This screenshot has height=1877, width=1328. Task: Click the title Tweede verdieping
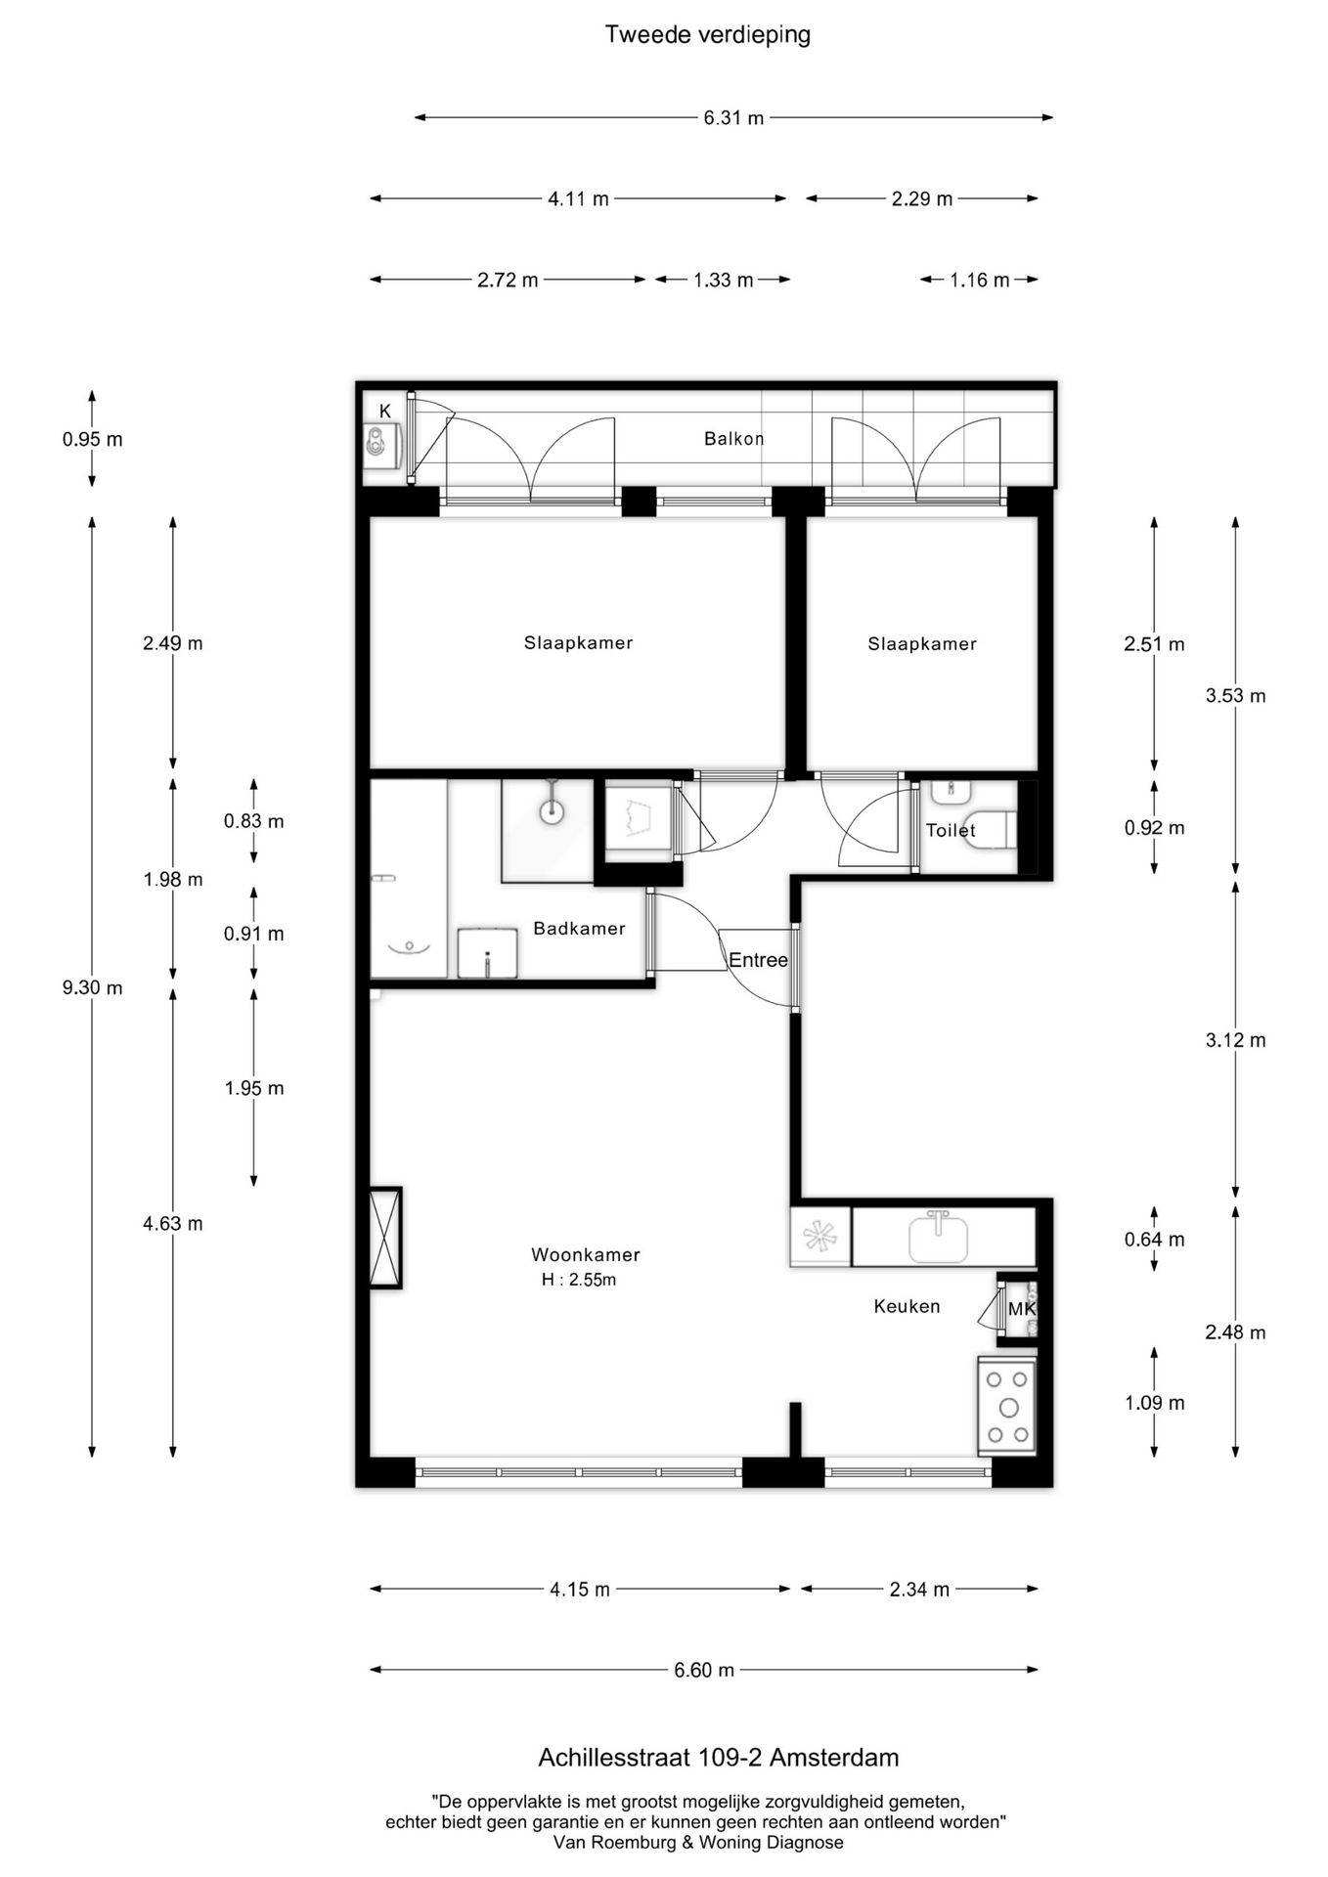708,35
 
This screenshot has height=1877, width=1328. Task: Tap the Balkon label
734,439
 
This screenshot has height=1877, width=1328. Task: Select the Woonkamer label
586,1254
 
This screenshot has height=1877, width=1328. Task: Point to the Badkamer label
579,929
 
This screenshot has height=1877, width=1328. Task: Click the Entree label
758,960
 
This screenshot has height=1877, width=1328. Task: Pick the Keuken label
907,1306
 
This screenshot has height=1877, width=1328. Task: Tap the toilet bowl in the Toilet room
993,830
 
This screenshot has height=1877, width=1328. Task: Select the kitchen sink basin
939,1238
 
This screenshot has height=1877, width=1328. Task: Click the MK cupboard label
1021,1308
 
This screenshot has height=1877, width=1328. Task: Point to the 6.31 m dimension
733,118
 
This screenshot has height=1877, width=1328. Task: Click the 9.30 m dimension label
93,987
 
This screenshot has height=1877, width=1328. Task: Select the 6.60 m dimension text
704,1670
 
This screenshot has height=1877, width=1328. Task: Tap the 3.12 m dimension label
1236,1040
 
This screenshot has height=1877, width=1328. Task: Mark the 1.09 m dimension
1155,1403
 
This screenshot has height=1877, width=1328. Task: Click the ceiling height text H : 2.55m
579,1280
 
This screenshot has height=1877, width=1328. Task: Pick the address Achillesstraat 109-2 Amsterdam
719,1758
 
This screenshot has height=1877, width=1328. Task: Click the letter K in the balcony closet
385,412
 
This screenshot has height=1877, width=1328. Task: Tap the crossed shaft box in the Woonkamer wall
385,1238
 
